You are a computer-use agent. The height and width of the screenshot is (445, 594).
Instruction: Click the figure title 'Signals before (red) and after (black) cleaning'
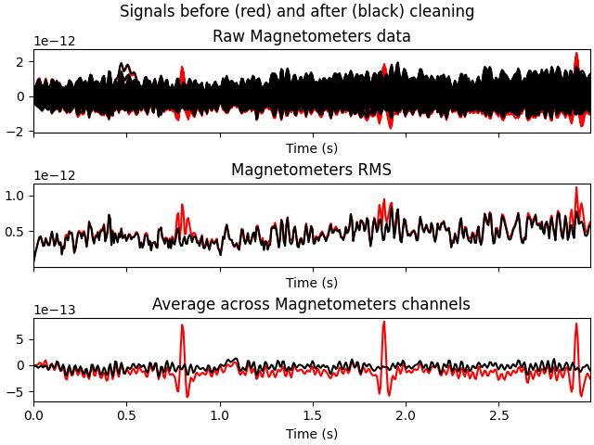tap(297, 12)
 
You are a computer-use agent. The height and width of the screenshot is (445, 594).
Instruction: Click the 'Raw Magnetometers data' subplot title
tap(312, 37)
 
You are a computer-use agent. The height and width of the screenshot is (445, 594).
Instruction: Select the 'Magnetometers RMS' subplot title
tap(312, 171)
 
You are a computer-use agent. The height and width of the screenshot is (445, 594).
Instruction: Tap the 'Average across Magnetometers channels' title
tap(312, 305)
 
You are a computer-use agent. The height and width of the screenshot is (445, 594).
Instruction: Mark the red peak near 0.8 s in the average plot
tap(182, 325)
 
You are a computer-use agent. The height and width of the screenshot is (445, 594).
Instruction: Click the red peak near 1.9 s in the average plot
tap(383, 323)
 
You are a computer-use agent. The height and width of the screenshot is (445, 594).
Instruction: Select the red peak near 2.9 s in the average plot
tap(576, 324)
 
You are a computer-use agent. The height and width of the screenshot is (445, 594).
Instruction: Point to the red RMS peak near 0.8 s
tap(182, 205)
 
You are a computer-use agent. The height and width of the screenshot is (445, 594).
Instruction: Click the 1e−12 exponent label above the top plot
tap(55, 42)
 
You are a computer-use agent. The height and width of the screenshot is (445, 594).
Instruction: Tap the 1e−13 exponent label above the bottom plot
tap(55, 310)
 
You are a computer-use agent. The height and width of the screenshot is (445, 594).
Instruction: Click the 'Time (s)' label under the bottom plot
tap(312, 433)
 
